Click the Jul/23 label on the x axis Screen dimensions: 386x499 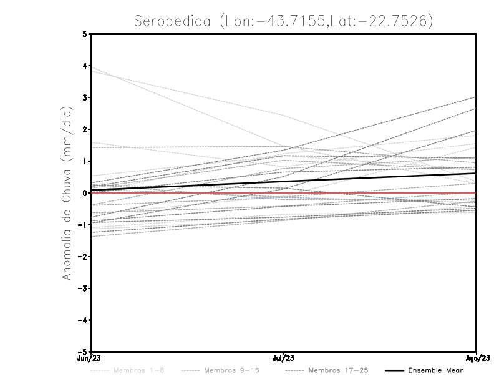coord(284,359)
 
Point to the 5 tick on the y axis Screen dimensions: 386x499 coord(85,34)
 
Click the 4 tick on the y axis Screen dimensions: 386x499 coord(85,66)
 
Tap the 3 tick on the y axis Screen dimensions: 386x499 coord(85,97)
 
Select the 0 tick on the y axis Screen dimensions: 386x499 coord(85,193)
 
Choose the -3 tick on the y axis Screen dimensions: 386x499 coord(83,289)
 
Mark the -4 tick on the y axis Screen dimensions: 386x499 coord(83,320)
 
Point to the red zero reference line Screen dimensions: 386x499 coord(187,193)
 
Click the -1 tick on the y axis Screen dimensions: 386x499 coord(83,225)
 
